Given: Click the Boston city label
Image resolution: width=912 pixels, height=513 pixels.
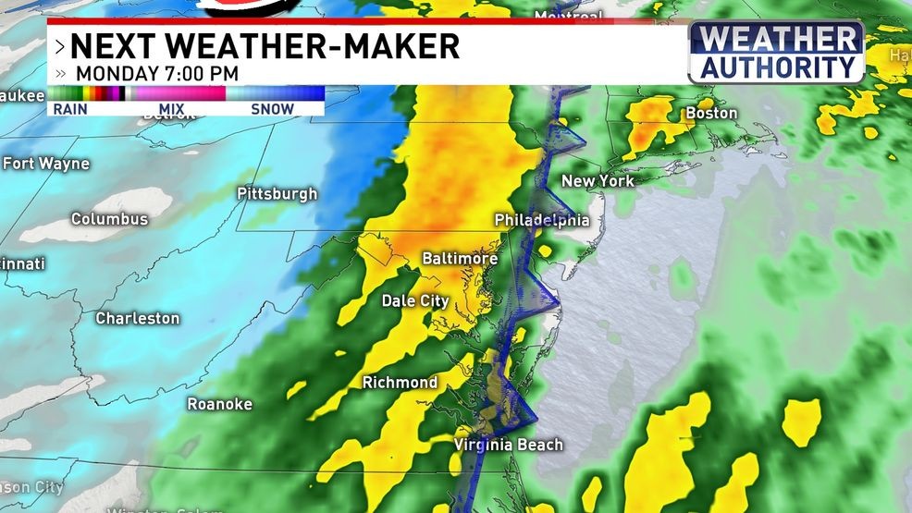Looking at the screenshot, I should click(x=710, y=114).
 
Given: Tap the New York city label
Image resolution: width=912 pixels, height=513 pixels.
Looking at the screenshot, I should click(x=598, y=181).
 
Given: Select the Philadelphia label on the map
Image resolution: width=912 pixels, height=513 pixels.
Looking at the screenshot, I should click(x=541, y=220).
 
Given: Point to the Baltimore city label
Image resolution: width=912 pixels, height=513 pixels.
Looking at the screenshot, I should click(x=460, y=259).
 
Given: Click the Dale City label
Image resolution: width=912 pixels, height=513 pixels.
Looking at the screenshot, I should click(x=415, y=301).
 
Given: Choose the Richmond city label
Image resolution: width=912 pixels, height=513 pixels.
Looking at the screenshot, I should click(x=400, y=383).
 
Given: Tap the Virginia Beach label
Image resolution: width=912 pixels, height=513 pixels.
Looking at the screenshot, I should click(x=508, y=446).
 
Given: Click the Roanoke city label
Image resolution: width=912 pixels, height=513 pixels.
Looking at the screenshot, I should click(x=219, y=404).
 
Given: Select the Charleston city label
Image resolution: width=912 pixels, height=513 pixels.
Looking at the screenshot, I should click(x=138, y=318).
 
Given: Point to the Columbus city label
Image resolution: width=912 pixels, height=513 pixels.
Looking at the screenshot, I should click(x=109, y=219).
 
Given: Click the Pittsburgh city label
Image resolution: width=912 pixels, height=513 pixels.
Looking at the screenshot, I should click(x=277, y=194).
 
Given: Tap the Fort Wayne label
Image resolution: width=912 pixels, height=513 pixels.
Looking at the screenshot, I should click(x=46, y=164).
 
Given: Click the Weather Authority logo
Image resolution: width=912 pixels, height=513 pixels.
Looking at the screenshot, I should click(x=777, y=53).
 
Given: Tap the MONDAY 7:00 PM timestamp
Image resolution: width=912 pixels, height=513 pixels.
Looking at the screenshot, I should click(x=156, y=73).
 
